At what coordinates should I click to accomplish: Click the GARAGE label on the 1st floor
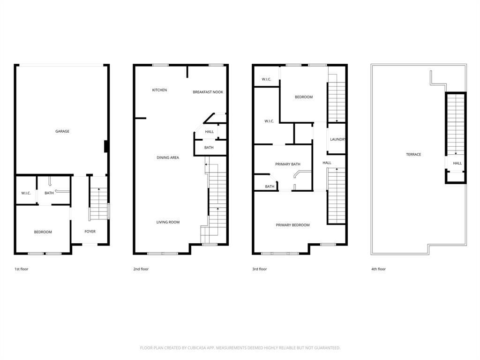(62, 131)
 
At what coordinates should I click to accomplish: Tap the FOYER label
(90, 232)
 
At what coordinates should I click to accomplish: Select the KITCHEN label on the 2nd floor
(159, 90)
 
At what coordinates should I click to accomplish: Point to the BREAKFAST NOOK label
(208, 92)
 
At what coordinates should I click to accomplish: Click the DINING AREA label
(168, 157)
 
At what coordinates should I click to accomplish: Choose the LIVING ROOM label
(168, 222)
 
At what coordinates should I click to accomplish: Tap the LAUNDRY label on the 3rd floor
(337, 140)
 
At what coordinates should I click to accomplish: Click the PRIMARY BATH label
(287, 164)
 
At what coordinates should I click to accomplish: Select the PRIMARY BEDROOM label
(292, 225)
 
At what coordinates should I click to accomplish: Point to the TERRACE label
(413, 154)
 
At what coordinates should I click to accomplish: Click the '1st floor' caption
(22, 269)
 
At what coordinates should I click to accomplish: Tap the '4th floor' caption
(378, 269)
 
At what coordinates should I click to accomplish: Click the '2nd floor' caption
(141, 269)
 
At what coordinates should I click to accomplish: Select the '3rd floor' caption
(259, 269)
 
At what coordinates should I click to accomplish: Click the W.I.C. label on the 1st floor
(26, 193)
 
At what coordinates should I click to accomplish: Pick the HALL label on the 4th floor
(457, 163)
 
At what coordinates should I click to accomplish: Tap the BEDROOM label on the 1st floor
(43, 232)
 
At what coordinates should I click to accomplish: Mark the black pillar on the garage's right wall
(107, 147)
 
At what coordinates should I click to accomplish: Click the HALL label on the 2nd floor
(210, 132)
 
